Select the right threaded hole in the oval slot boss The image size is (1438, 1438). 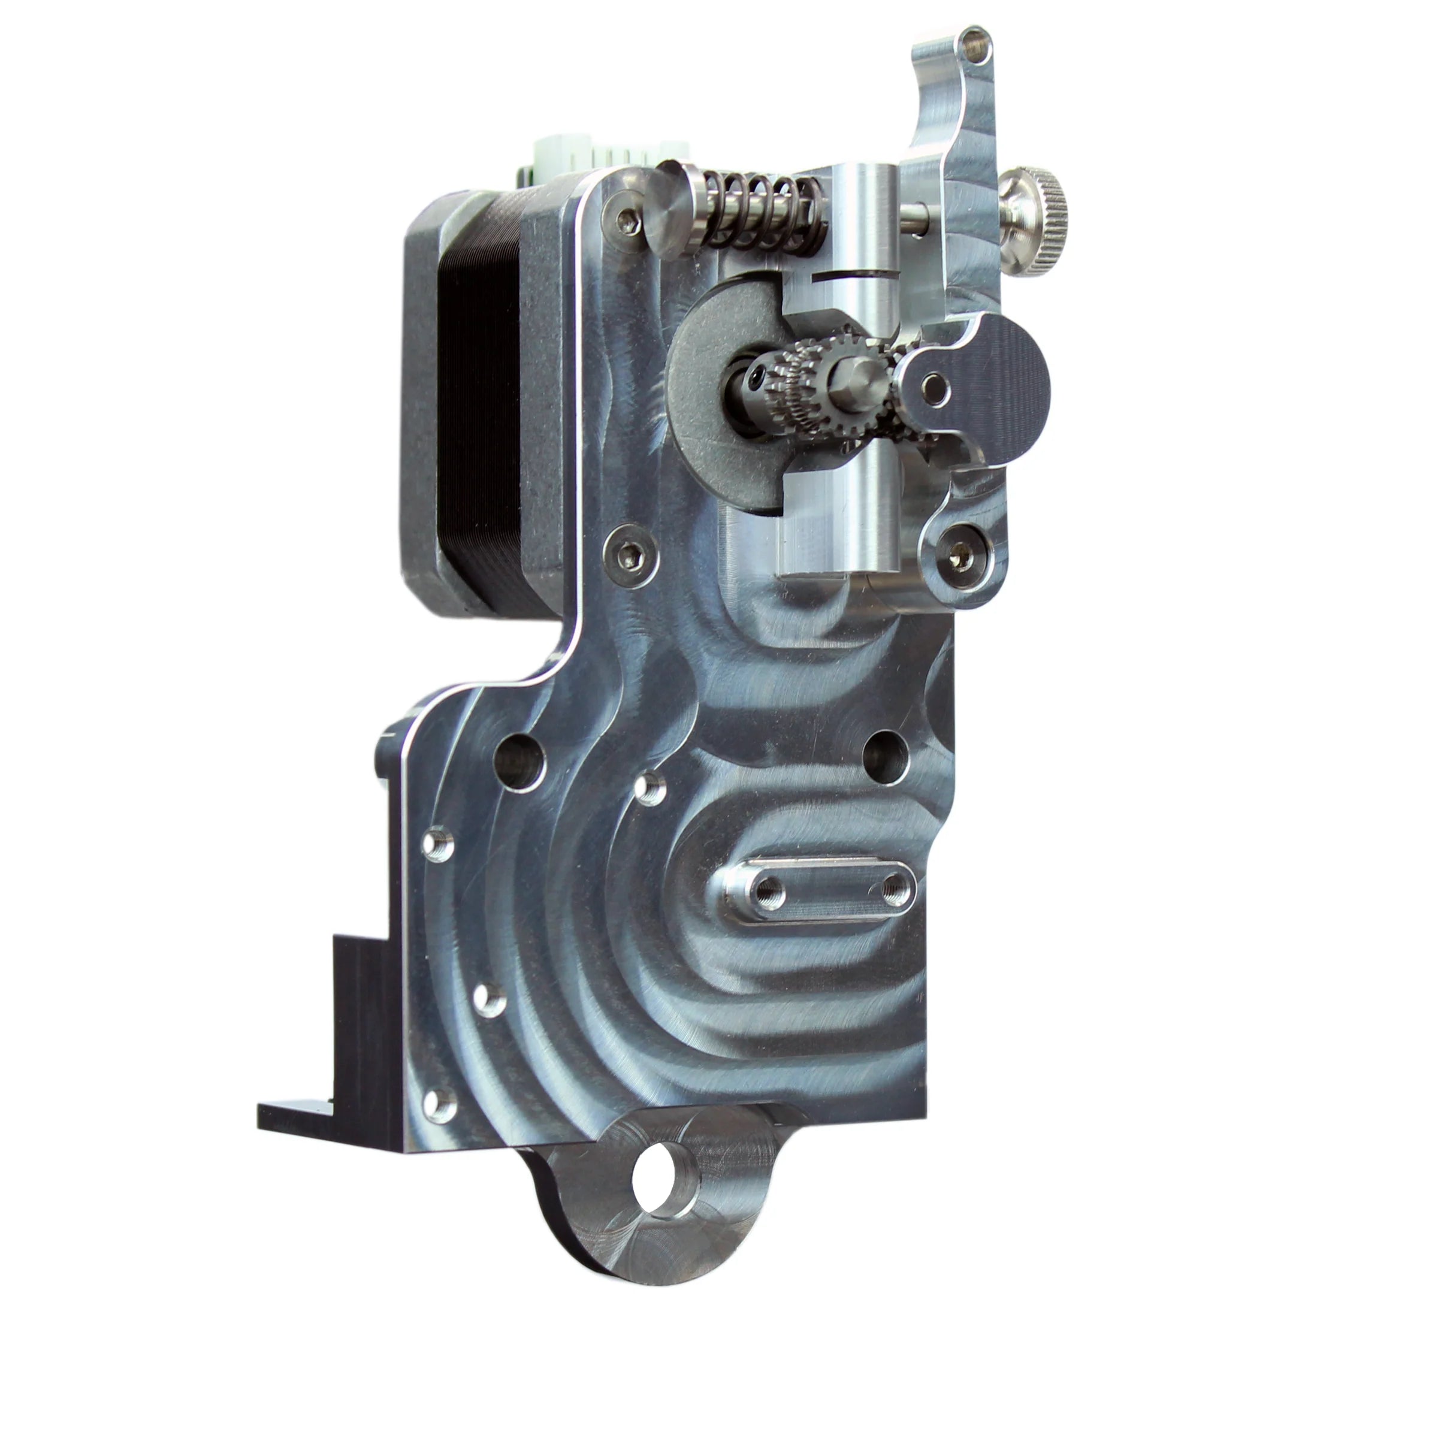(895, 887)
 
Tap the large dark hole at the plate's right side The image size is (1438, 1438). (885, 759)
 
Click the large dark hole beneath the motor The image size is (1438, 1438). (519, 762)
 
